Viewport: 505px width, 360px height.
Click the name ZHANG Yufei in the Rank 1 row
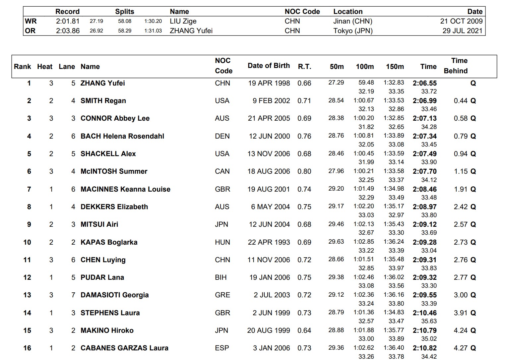click(x=102, y=83)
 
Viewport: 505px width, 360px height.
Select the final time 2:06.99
click(x=424, y=101)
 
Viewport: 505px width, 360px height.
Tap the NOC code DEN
click(x=222, y=136)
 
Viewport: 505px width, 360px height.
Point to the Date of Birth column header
click(x=269, y=66)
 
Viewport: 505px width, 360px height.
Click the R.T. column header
click(x=304, y=67)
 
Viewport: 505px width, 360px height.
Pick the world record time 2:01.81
click(x=68, y=21)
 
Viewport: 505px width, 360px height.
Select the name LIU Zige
click(x=183, y=21)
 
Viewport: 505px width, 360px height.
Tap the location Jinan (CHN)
click(x=352, y=21)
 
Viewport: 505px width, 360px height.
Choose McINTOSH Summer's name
click(x=114, y=171)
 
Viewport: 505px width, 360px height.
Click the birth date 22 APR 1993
click(x=269, y=242)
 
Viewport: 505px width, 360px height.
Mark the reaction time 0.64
click(x=304, y=330)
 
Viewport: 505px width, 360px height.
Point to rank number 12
click(x=27, y=277)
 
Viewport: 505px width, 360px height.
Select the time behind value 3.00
click(x=461, y=295)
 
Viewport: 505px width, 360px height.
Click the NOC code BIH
click(x=221, y=277)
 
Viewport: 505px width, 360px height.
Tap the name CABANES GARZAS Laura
click(x=124, y=348)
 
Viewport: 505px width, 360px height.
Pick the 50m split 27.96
click(x=336, y=171)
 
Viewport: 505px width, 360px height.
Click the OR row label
click(x=30, y=31)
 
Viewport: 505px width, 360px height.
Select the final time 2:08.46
click(x=424, y=189)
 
